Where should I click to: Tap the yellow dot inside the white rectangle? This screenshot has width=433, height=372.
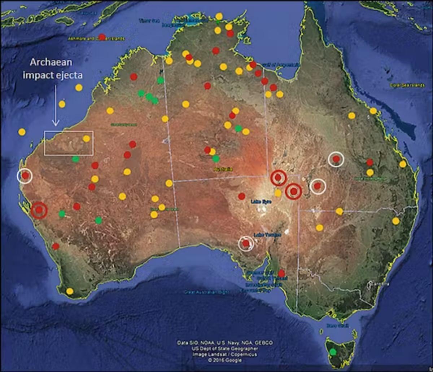(x=86, y=138)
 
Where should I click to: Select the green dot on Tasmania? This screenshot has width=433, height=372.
(x=333, y=351)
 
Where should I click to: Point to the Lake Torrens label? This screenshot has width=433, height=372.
(x=267, y=235)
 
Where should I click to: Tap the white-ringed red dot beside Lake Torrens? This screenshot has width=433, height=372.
(x=246, y=244)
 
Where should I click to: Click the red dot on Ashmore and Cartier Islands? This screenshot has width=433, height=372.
(x=102, y=37)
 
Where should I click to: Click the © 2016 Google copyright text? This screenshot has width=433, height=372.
(x=224, y=360)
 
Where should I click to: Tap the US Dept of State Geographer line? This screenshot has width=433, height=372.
(x=224, y=348)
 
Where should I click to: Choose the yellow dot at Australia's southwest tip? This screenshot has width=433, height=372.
(x=70, y=291)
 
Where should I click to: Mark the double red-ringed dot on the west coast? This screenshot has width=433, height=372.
(x=39, y=210)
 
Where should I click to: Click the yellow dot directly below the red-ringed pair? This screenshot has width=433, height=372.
(x=278, y=193)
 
